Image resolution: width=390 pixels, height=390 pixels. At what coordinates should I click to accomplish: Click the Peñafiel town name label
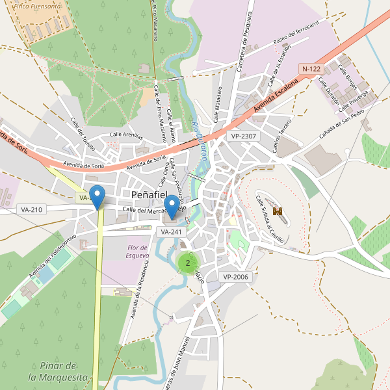pos(149,194)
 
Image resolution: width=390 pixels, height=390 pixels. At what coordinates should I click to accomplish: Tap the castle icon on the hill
pos(278,211)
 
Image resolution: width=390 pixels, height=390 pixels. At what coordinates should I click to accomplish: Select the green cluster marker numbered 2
pos(187,263)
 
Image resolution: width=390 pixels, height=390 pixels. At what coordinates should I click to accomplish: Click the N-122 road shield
pos(311,69)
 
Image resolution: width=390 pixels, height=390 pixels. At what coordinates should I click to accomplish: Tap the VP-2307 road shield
pos(243,136)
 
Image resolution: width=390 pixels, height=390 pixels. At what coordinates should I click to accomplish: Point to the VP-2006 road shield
pos(236,277)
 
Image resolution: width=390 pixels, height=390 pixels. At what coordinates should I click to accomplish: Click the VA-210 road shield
pos(31,209)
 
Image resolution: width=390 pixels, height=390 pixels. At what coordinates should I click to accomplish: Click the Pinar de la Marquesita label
pos(58,371)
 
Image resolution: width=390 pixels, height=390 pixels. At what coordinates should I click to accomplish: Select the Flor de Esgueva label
pos(138,252)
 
